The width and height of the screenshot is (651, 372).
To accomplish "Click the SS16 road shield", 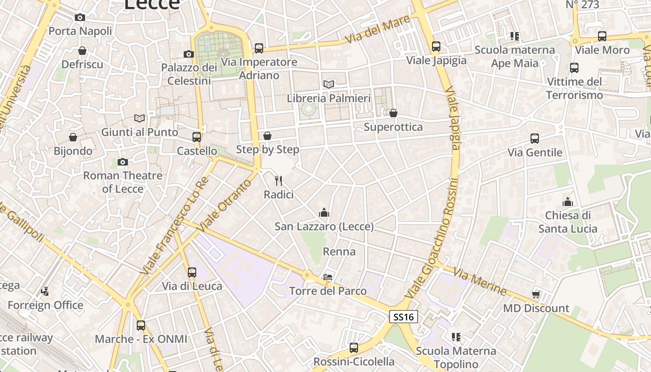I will [x=404, y=317].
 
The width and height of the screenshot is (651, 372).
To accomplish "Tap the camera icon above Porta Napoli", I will [x=80, y=18].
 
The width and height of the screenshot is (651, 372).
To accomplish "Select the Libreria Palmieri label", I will [x=329, y=99].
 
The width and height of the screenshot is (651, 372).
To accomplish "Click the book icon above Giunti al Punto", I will [x=139, y=118].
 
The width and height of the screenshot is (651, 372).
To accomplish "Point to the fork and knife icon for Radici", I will [x=279, y=180].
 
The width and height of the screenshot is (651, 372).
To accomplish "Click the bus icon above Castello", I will [x=197, y=137].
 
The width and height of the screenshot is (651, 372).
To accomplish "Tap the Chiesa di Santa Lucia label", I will [x=568, y=222].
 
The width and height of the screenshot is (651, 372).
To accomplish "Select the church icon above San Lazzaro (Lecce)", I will [x=324, y=213].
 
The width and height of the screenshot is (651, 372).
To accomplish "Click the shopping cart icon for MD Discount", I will [x=536, y=294].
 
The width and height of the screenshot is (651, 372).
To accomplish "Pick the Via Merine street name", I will [x=479, y=281].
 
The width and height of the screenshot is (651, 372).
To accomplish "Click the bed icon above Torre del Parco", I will [x=328, y=277].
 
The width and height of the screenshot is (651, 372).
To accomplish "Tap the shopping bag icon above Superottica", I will [x=393, y=113].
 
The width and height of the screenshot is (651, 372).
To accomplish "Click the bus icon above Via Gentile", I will [x=535, y=139].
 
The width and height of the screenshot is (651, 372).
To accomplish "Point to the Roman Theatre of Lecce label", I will [x=123, y=182].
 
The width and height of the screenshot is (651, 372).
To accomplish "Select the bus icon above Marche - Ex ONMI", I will [x=141, y=325].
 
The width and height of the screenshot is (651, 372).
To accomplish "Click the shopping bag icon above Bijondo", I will [x=73, y=137].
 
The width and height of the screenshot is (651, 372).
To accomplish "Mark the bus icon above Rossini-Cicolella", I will [x=354, y=348].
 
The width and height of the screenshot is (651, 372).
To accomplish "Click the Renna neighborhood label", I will [x=339, y=252].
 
